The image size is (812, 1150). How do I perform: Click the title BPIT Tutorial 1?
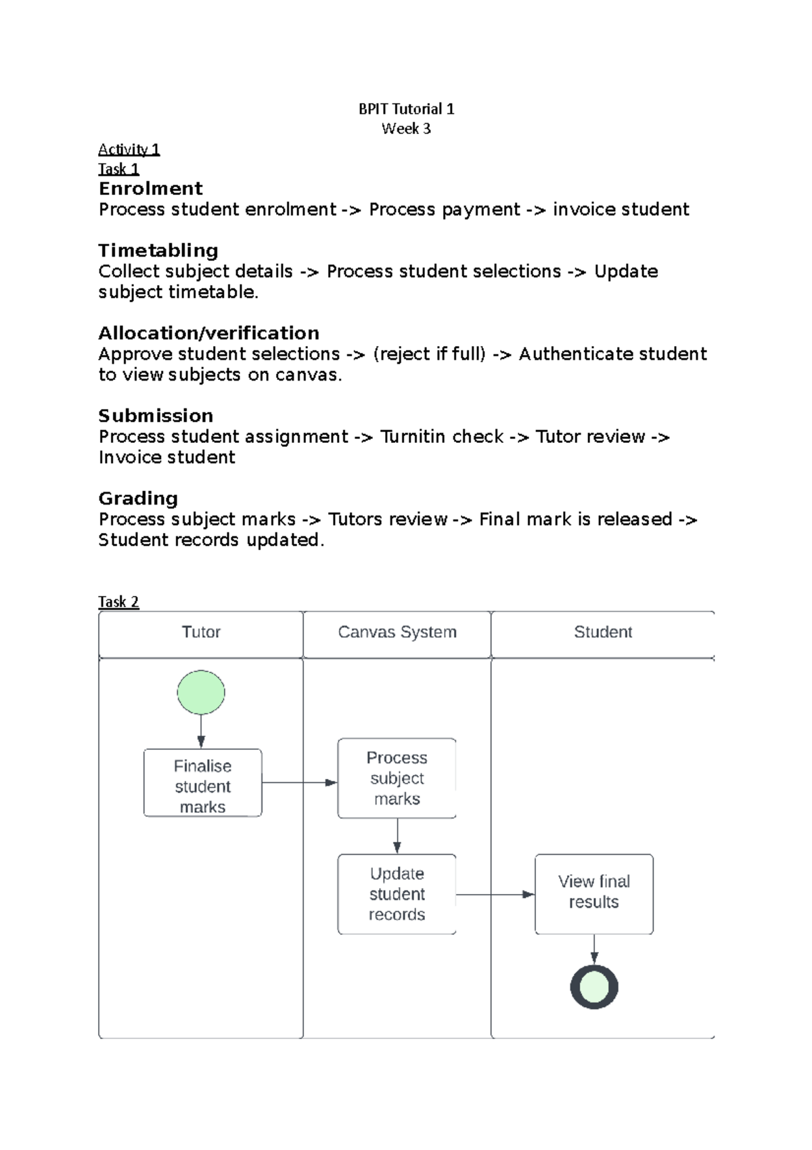pyautogui.click(x=406, y=109)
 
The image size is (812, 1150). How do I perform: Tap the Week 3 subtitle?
pyautogui.click(x=406, y=129)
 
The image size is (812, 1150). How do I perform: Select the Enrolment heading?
pyautogui.click(x=150, y=188)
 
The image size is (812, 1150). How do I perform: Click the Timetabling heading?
pyautogui.click(x=158, y=251)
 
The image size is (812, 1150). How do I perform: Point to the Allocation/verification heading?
pyautogui.click(x=208, y=333)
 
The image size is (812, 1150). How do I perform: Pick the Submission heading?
pyautogui.click(x=156, y=416)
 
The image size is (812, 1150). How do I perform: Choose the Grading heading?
pyautogui.click(x=138, y=498)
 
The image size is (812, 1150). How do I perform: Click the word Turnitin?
pyautogui.click(x=413, y=437)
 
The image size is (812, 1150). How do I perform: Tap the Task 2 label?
pyautogui.click(x=118, y=601)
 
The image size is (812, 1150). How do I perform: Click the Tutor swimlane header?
pyautogui.click(x=201, y=633)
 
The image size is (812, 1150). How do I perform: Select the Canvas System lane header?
pyautogui.click(x=397, y=633)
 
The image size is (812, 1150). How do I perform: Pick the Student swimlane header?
pyautogui.click(x=602, y=633)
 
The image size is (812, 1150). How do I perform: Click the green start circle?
pyautogui.click(x=201, y=692)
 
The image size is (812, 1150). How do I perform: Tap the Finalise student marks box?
pyautogui.click(x=202, y=784)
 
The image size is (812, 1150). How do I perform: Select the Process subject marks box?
pyautogui.click(x=397, y=778)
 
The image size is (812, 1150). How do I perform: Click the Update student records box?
pyautogui.click(x=397, y=894)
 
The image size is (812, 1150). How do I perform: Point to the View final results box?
pyautogui.click(x=593, y=893)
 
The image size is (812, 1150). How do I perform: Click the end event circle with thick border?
pyautogui.click(x=594, y=987)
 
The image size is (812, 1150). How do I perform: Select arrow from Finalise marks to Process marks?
pyautogui.click(x=299, y=783)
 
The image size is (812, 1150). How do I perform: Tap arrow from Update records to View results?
pyautogui.click(x=495, y=895)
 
